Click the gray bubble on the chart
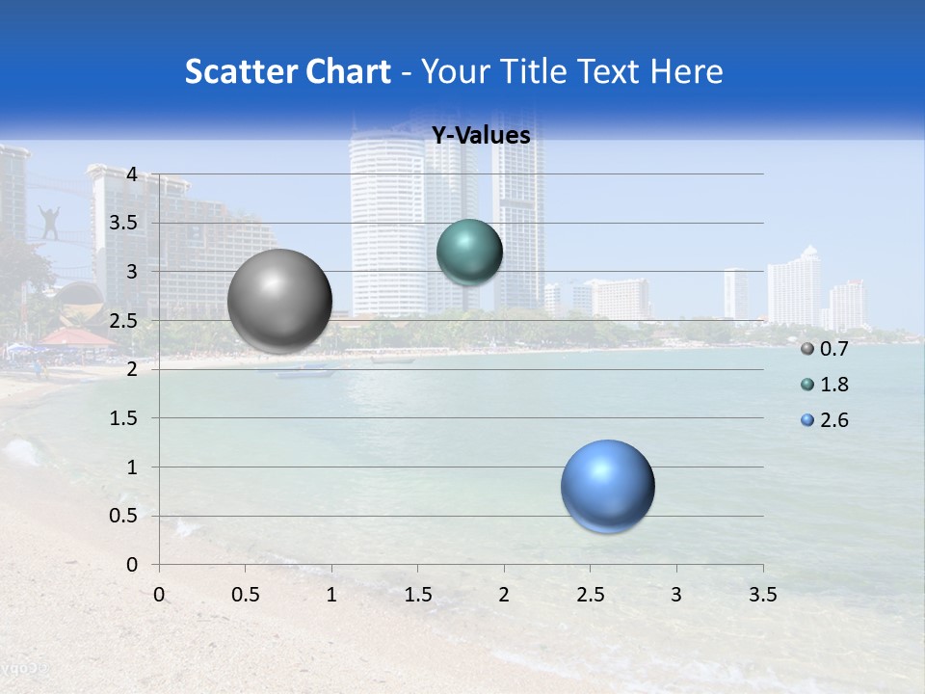pos(280,301)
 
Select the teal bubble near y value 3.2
pos(469,252)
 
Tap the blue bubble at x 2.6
pos(608,486)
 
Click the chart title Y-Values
pos(481,136)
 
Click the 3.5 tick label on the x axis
pos(762,595)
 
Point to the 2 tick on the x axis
pos(504,595)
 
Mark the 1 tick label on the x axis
pos(331,595)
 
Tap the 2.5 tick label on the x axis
pos(590,595)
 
